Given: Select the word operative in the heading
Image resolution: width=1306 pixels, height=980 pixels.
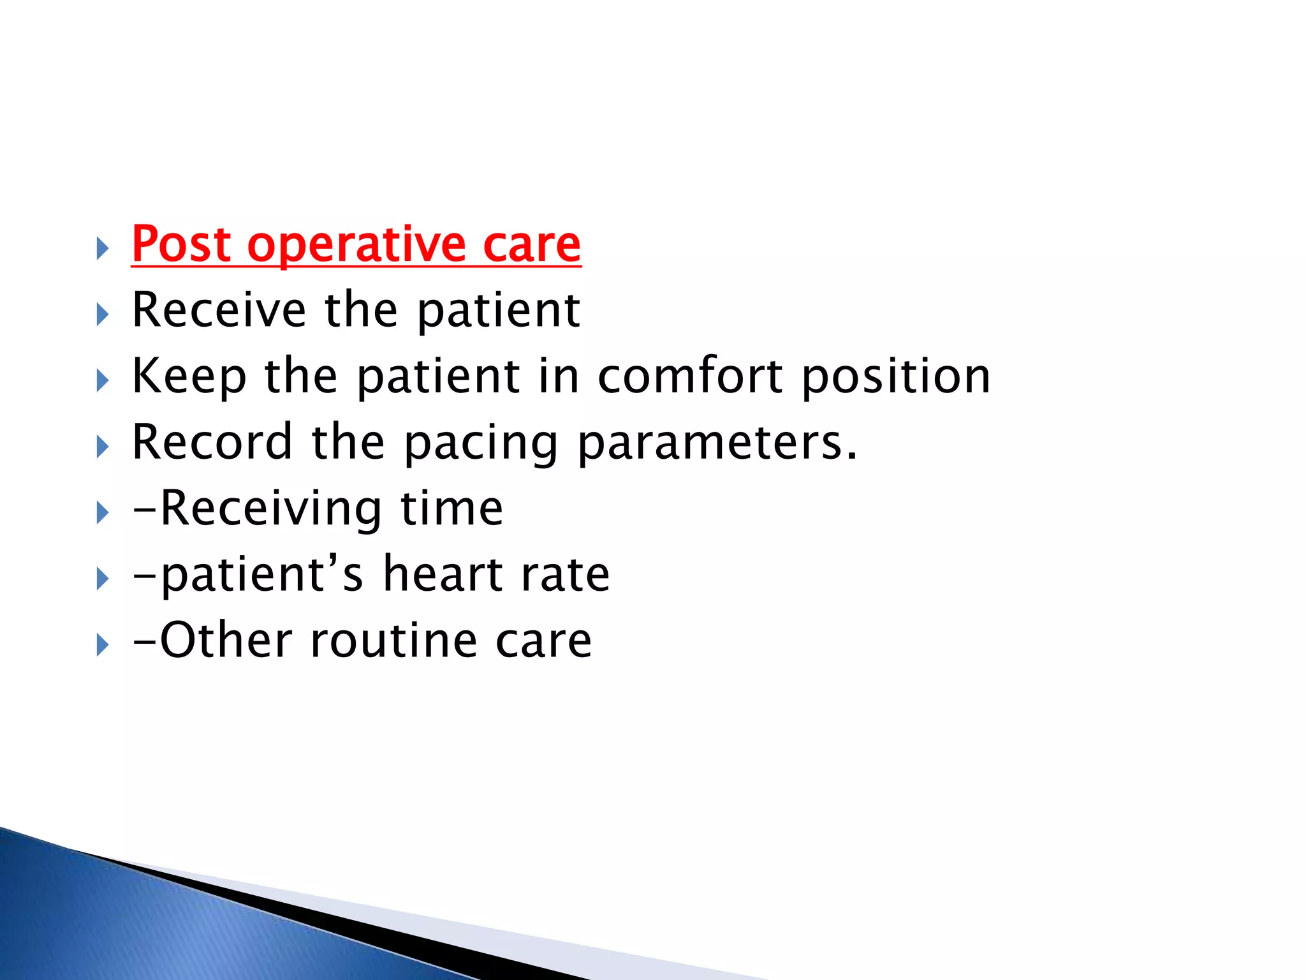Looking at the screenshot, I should click(356, 246).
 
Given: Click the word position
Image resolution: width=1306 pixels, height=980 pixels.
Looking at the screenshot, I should click(896, 376).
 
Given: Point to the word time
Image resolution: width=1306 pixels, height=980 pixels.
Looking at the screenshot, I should click(451, 509).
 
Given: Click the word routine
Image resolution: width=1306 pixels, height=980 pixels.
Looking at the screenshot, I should click(393, 640).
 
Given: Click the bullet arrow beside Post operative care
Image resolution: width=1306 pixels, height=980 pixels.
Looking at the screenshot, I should click(103, 248).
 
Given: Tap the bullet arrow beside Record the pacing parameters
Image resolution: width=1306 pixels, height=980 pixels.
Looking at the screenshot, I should click(103, 447).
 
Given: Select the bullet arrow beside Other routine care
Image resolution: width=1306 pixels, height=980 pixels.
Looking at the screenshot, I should click(103, 645).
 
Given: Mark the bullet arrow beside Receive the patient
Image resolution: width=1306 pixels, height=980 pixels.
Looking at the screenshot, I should click(103, 315).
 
